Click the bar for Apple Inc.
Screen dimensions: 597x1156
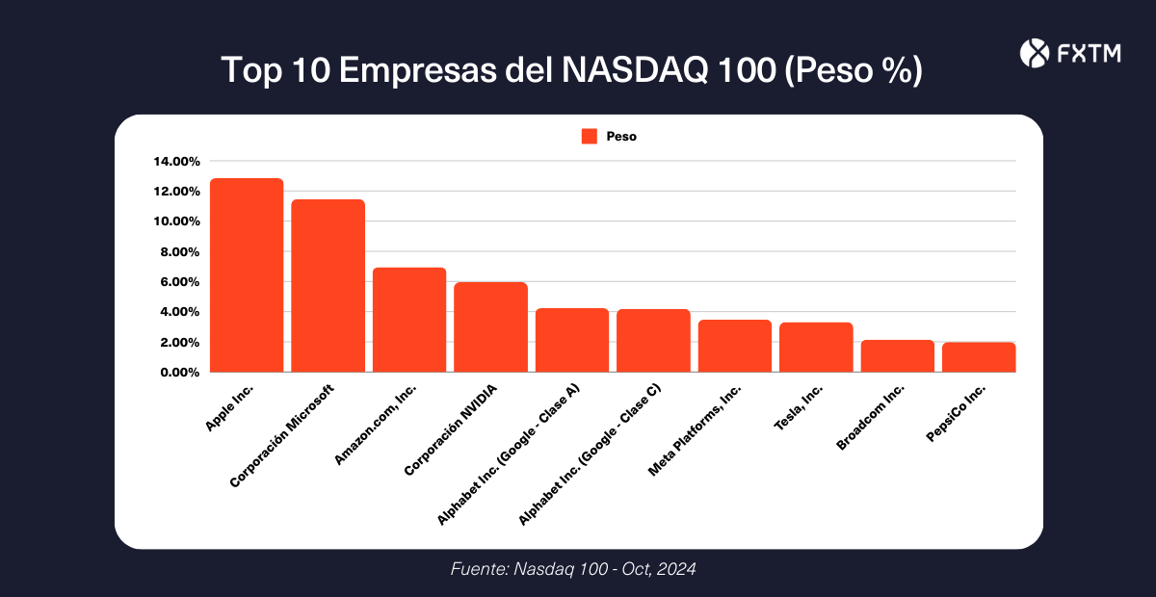247,275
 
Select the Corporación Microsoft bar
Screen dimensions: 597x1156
328,286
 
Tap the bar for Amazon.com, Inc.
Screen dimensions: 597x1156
409,320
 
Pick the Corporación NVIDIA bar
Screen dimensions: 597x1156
490,327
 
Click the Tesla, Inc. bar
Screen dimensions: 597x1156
816,347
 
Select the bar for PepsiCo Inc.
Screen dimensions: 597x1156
979,357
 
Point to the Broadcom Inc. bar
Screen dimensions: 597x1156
897,356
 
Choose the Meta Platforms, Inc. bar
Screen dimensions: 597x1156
735,346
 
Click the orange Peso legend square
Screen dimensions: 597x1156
590,137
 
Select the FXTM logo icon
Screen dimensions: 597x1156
1033,53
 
